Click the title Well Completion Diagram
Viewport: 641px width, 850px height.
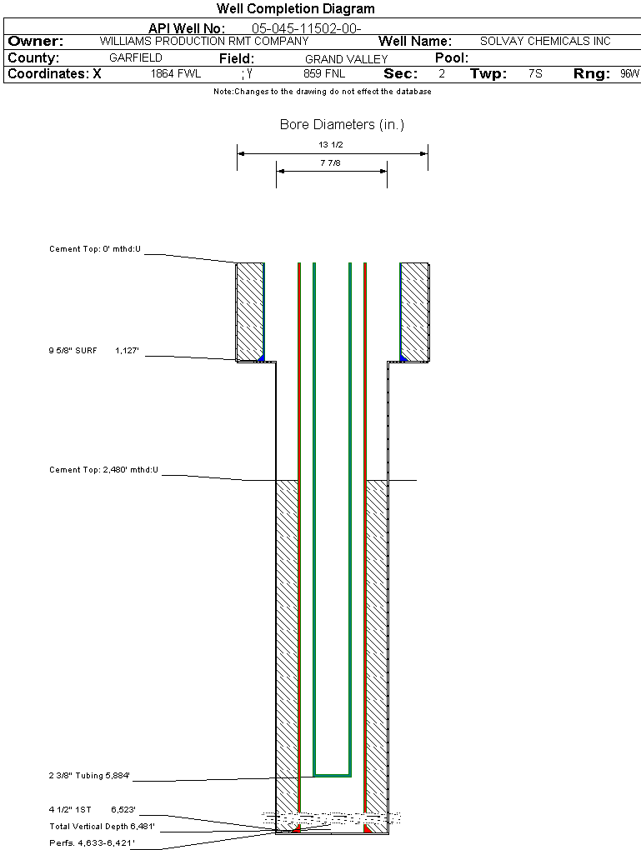[x=296, y=9]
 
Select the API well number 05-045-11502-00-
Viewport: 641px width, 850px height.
[x=306, y=28]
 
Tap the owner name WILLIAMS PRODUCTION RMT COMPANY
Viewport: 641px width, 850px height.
[x=204, y=41]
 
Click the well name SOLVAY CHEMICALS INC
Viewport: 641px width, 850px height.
[x=545, y=42]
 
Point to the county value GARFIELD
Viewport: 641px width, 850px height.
[x=136, y=58]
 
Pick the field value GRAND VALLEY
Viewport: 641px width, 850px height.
[x=347, y=59]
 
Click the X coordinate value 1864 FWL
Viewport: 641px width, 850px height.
[x=176, y=74]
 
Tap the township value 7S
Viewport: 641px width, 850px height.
[x=535, y=74]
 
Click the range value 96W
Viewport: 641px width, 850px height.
[x=629, y=74]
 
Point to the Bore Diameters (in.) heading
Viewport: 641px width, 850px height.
[x=342, y=125]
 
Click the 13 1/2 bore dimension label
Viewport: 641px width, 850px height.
[x=332, y=144]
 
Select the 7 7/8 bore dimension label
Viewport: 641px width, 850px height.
[x=332, y=163]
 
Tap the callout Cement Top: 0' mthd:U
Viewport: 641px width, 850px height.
[x=95, y=249]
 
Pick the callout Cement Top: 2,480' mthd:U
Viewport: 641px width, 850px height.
[x=103, y=471]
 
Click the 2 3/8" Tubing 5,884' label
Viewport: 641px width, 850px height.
[x=89, y=777]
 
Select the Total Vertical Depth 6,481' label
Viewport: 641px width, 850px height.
[x=102, y=827]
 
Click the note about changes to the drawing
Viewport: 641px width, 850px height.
[x=322, y=92]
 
